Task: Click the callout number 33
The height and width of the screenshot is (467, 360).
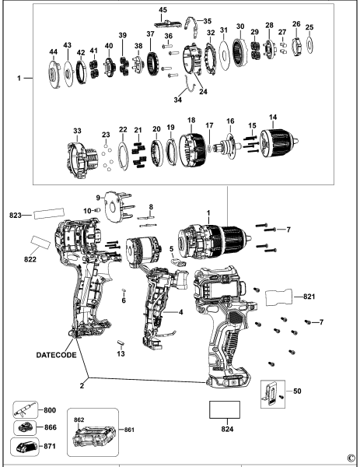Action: click(x=76, y=129)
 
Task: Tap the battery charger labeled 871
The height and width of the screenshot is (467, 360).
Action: click(x=24, y=448)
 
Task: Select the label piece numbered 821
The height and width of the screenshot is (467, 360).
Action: click(x=281, y=297)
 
